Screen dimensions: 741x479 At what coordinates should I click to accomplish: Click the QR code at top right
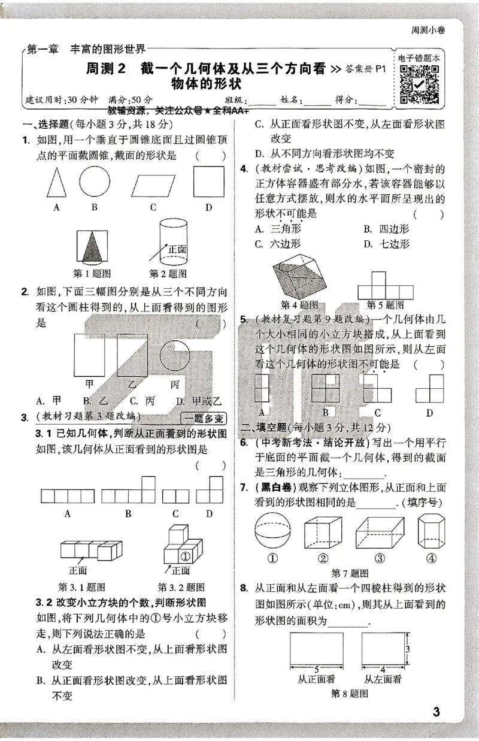419,84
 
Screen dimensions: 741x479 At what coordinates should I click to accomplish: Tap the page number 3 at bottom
436,712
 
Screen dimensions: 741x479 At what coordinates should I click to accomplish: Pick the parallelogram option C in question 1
152,183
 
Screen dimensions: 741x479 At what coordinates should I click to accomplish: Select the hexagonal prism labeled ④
428,531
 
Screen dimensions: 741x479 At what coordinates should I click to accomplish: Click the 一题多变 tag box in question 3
204,418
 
